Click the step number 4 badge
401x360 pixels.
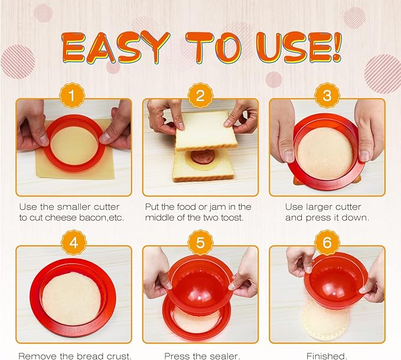coord(74,242)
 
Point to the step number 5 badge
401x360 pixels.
coord(200,242)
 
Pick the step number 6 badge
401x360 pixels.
coord(327,242)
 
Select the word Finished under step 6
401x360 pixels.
coord(327,355)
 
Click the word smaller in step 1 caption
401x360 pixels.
coord(99,206)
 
